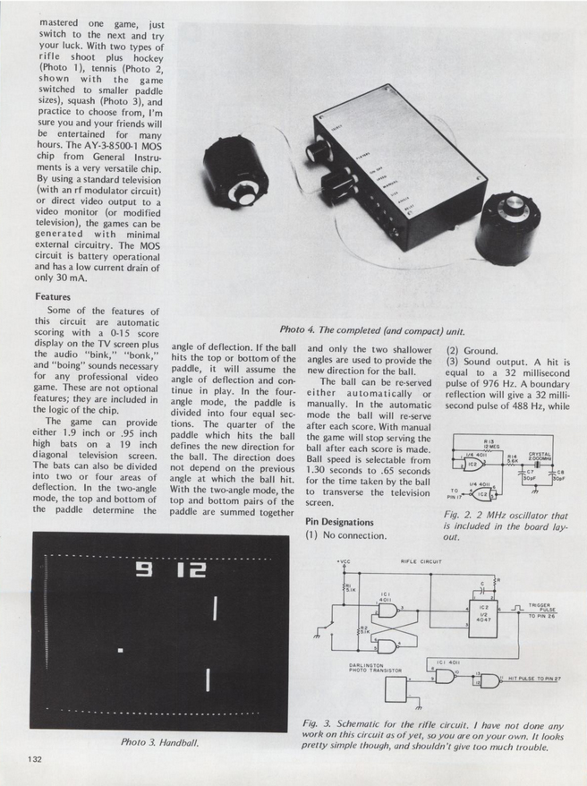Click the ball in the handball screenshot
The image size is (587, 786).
click(x=120, y=649)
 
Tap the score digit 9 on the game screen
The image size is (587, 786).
click(x=142, y=569)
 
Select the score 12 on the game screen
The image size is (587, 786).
click(x=189, y=569)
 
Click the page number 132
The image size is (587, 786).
click(x=35, y=759)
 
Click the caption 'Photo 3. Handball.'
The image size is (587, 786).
click(x=159, y=742)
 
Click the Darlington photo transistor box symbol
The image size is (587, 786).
click(x=396, y=691)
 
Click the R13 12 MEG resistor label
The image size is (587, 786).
click(x=489, y=444)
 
